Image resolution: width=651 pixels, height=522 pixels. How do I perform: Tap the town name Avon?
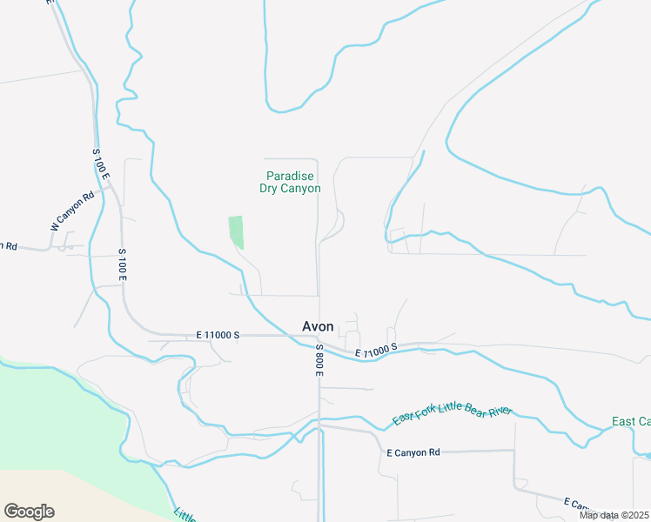point(318,326)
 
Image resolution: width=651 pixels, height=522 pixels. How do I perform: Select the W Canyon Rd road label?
point(71,211)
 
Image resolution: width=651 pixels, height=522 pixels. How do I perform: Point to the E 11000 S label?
point(218,335)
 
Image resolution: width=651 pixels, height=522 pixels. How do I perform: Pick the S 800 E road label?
point(319,360)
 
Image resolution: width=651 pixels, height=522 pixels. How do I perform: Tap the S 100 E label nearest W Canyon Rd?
point(101,164)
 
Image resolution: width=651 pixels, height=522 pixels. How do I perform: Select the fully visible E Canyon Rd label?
point(413,452)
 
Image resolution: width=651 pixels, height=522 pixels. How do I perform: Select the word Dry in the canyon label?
point(269,188)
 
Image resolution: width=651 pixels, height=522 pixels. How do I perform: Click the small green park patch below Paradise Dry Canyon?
point(236,231)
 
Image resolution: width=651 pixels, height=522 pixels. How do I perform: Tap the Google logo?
point(29,512)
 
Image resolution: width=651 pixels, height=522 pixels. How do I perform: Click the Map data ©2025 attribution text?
point(613,515)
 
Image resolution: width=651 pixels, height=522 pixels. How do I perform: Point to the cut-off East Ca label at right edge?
point(630,422)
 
